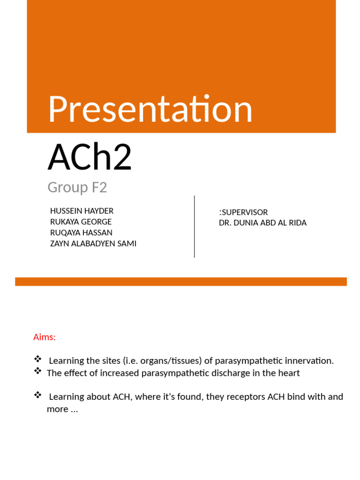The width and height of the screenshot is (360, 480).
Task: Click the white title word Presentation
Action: [150, 110]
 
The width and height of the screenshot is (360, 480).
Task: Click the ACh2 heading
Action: [90, 157]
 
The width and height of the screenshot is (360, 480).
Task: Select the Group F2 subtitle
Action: [77, 187]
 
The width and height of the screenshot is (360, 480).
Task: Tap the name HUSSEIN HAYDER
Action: [82, 211]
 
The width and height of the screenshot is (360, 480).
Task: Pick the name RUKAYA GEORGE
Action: [81, 222]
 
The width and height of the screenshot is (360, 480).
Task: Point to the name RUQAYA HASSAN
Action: [81, 232]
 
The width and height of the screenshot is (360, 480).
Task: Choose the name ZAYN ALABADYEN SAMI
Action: [93, 243]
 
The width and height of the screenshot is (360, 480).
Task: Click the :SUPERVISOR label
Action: [243, 212]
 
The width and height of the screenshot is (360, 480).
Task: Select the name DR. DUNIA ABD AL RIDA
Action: [262, 223]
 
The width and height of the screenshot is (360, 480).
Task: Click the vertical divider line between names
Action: [195, 226]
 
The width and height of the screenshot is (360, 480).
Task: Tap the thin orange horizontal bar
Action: [181, 281]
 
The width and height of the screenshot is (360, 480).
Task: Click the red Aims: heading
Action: [45, 337]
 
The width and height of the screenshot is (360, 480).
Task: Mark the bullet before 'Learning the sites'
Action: [38, 359]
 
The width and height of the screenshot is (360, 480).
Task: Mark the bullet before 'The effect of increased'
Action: [38, 371]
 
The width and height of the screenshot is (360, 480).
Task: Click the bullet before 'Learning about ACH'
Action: [38, 395]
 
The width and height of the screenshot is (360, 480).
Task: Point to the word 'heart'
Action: [288, 373]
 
